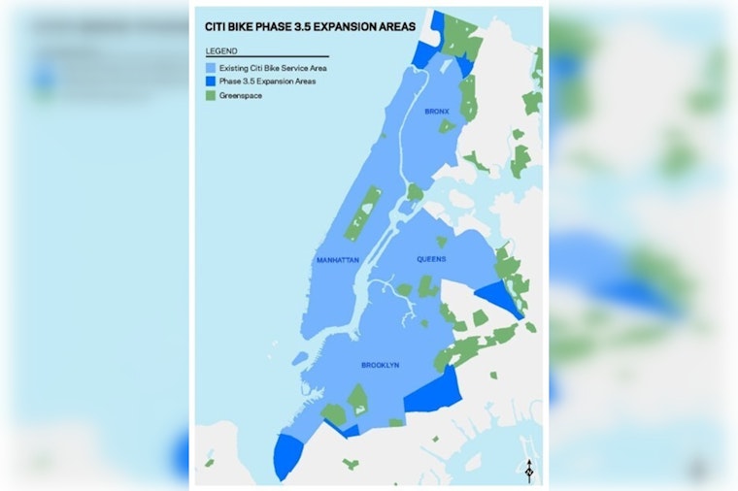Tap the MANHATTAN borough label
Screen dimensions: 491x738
pyautogui.click(x=338, y=260)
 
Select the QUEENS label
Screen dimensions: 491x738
pyautogui.click(x=431, y=259)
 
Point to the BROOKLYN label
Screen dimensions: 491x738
pyautogui.click(x=380, y=365)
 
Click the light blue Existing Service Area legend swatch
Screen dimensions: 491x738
pyautogui.click(x=211, y=69)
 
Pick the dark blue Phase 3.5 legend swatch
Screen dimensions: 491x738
pyautogui.click(x=211, y=82)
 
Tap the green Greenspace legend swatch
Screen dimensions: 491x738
pyautogui.click(x=211, y=95)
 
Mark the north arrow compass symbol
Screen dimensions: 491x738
pyautogui.click(x=527, y=470)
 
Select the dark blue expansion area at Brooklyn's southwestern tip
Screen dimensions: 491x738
pyautogui.click(x=287, y=454)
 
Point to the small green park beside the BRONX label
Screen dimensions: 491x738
pyautogui.click(x=446, y=125)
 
